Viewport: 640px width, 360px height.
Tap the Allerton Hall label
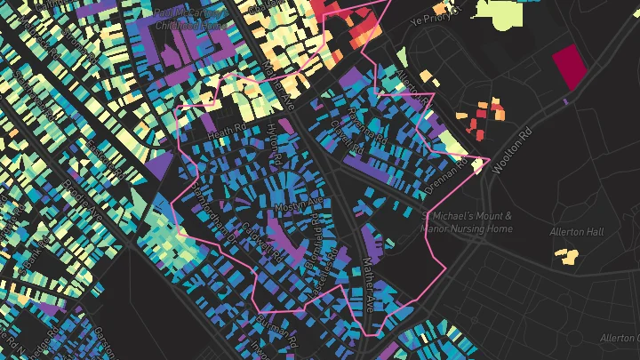point(577,232)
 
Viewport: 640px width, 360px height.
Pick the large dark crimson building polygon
point(569,67)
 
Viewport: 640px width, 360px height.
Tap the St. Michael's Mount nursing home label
point(467,222)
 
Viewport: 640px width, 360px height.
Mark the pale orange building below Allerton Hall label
point(566,257)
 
